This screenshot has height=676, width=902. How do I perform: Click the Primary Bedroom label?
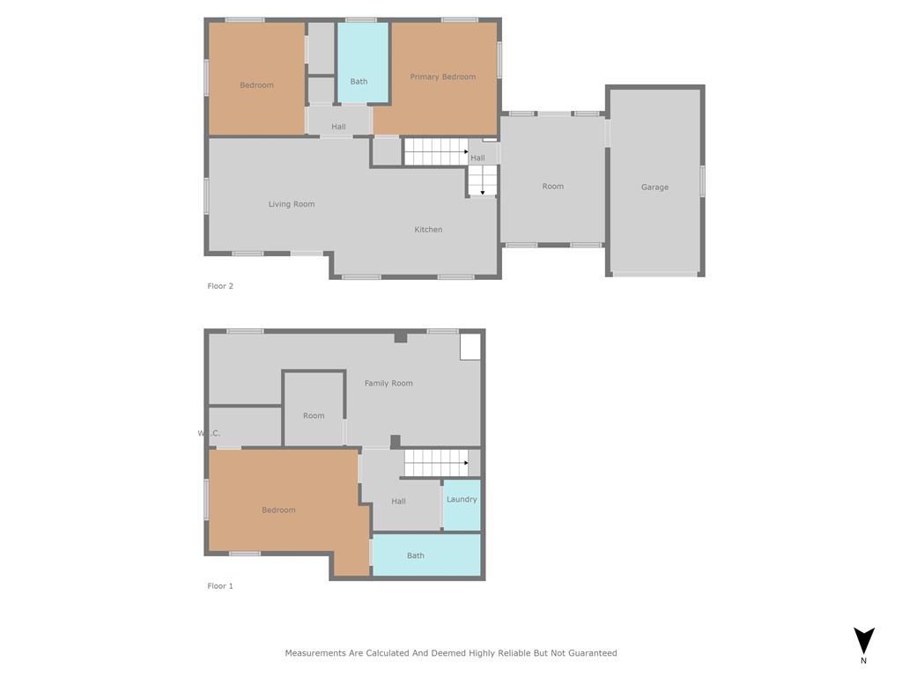tap(442, 77)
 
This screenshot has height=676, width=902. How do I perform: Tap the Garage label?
tap(654, 187)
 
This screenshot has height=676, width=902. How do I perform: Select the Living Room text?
tap(291, 204)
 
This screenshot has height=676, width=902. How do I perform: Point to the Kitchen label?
tap(428, 230)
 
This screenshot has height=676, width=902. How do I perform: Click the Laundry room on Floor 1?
tap(462, 504)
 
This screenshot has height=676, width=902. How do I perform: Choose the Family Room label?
tap(388, 383)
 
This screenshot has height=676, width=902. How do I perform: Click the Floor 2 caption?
tap(219, 286)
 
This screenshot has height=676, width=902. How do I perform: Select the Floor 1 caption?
tap(219, 585)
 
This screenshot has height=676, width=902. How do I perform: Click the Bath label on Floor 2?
tap(359, 82)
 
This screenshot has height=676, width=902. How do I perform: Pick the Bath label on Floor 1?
tap(416, 555)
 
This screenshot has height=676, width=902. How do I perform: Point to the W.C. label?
tap(209, 433)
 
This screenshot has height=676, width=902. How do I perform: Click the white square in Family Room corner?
tap(470, 347)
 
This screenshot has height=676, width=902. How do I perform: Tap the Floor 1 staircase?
tap(435, 463)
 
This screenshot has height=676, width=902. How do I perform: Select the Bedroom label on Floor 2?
tap(256, 85)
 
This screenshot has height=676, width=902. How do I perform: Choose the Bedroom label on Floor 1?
tap(278, 510)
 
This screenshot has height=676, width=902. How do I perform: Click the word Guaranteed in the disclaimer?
tap(593, 653)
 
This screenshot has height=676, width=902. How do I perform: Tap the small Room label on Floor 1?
tap(314, 415)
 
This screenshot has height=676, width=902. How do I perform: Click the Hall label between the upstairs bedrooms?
tap(338, 127)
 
